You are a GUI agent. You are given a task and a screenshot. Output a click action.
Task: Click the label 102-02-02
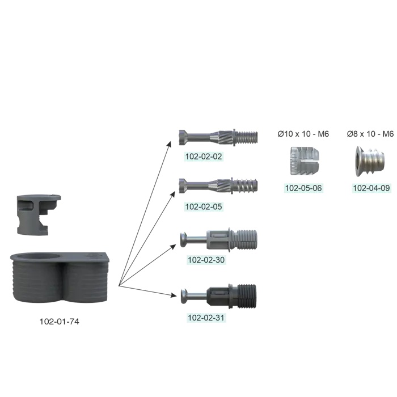point(204,156)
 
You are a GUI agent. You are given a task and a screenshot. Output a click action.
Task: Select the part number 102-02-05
point(204,206)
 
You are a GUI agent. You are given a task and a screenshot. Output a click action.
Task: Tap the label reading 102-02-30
point(207,260)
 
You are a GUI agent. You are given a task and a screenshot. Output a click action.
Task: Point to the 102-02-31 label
point(207,318)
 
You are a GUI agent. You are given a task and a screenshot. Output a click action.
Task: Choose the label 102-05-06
point(303,188)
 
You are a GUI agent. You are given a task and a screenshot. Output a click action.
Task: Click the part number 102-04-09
point(371,188)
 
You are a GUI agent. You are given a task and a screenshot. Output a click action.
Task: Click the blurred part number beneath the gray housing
point(59,322)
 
